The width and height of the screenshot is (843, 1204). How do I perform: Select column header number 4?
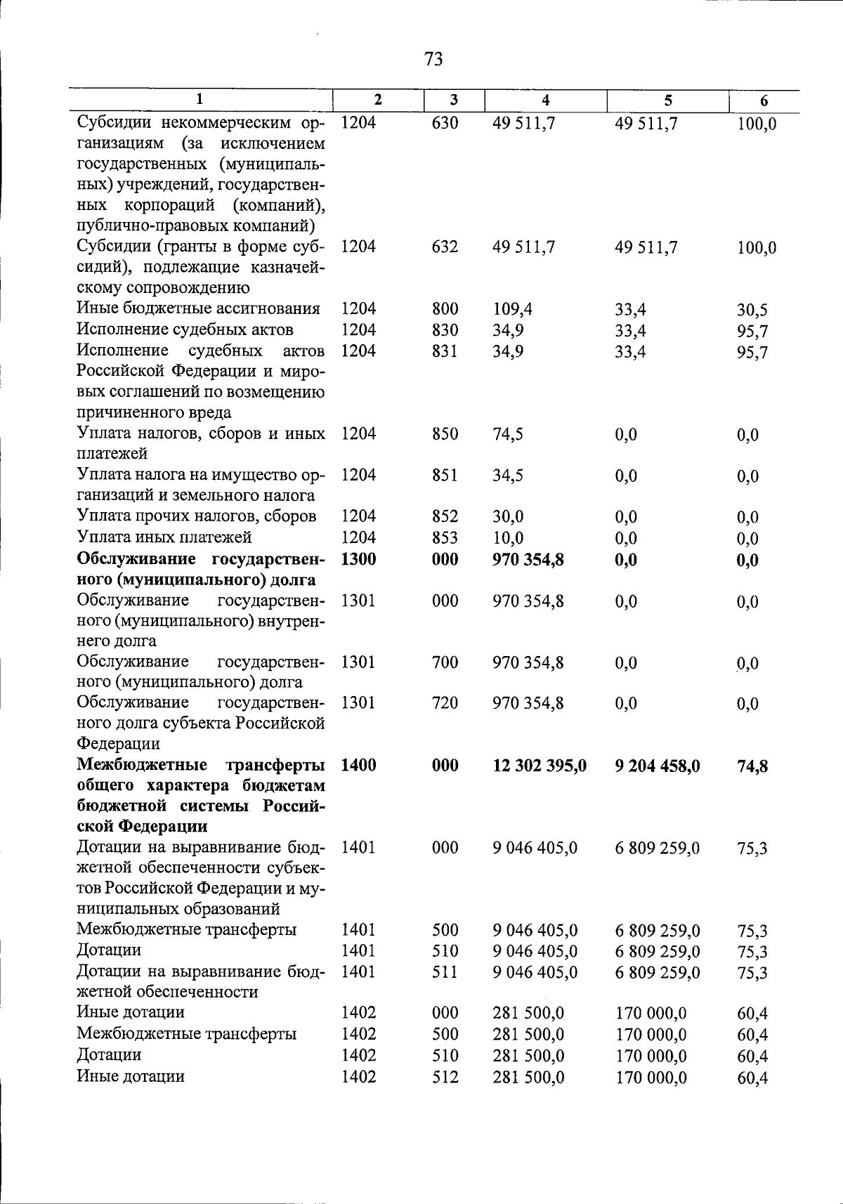click(x=546, y=100)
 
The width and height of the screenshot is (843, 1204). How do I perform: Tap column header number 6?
click(x=764, y=100)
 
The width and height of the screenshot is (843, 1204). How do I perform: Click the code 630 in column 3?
click(x=445, y=123)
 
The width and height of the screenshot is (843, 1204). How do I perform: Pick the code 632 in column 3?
click(x=445, y=247)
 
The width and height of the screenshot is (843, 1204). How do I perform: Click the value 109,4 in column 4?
click(x=511, y=308)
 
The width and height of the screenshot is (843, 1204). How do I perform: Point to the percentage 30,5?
click(x=752, y=310)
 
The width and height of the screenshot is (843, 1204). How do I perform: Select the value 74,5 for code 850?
click(x=508, y=434)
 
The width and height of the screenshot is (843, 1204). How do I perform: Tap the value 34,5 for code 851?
click(x=508, y=476)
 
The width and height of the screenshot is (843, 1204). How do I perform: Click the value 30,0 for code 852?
click(x=508, y=517)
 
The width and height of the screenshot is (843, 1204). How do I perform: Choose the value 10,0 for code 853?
click(x=508, y=538)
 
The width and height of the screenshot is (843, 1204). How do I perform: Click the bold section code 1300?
click(x=358, y=559)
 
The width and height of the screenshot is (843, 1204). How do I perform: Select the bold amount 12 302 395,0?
click(x=540, y=766)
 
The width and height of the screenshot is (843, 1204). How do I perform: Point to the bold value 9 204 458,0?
click(x=657, y=766)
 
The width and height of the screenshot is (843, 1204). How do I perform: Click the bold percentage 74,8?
click(x=752, y=766)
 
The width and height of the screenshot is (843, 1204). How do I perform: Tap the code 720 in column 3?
click(x=445, y=703)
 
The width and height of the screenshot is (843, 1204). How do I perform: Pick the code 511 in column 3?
click(x=445, y=971)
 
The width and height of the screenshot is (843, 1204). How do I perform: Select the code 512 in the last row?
click(x=445, y=1076)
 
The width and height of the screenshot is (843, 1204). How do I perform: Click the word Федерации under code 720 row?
click(x=118, y=743)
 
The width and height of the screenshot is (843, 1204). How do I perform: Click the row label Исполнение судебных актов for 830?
click(x=185, y=329)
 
